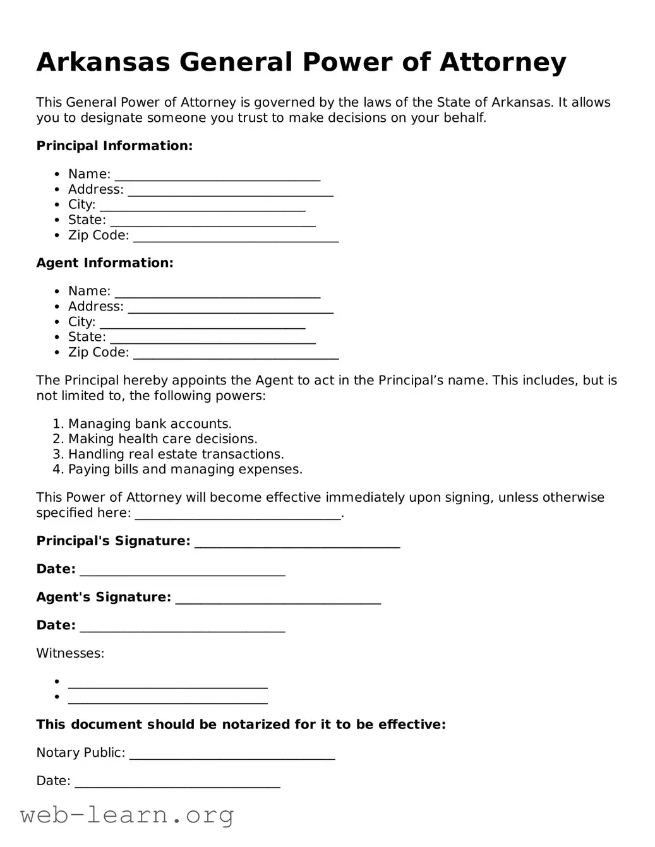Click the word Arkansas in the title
103,62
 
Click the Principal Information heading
114,146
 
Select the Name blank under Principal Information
217,175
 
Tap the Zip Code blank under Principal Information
236,237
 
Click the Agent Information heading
105,263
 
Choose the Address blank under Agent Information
230,308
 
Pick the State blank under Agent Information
212,338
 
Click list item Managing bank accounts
150,423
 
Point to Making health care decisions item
162,439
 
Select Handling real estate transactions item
176,454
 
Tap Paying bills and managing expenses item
185,469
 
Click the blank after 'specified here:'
238,514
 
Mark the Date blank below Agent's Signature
183,627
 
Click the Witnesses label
70,653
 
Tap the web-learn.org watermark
127,815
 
